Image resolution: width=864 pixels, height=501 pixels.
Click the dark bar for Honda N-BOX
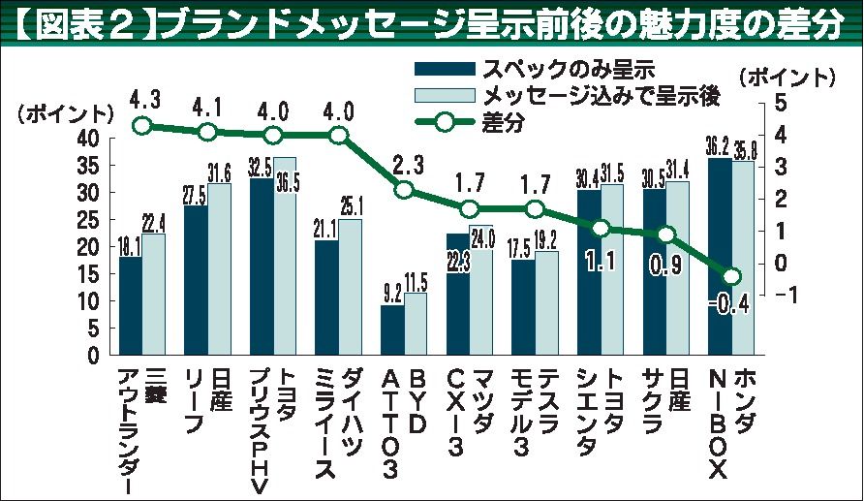(720, 257)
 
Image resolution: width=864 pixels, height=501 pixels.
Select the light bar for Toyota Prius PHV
(285, 257)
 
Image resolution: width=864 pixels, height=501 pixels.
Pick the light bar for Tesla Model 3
(546, 302)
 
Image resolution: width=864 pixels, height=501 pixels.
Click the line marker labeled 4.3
(142, 126)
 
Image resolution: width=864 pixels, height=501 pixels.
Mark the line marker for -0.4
(732, 276)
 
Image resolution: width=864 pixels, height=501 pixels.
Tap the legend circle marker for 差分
(443, 121)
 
